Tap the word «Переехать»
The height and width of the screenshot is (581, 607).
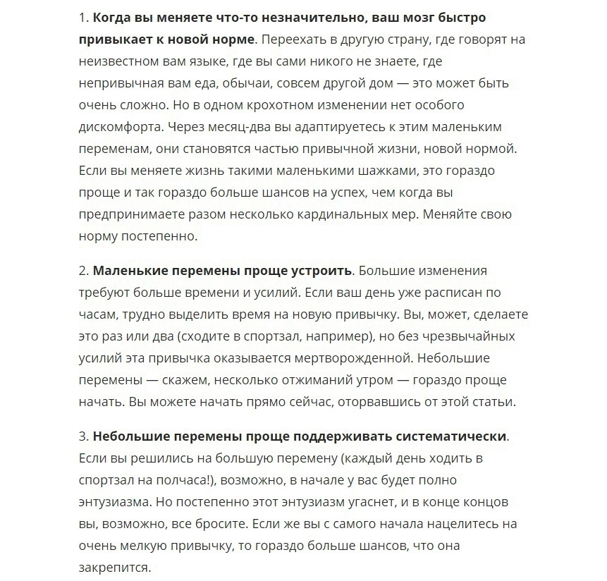pos(290,39)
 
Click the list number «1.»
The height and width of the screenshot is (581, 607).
pos(84,17)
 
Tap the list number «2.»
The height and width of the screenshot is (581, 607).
pos(84,271)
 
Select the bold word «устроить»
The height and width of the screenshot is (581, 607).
pos(321,271)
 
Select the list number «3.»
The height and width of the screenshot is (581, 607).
pos(84,436)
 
